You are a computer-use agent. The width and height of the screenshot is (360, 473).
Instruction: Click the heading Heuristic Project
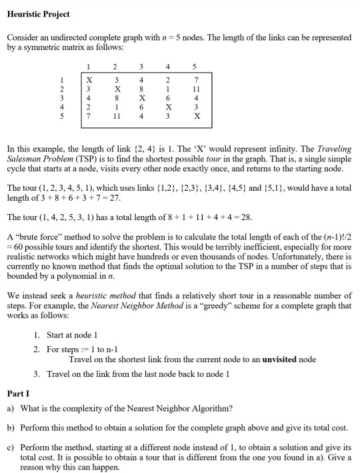38,14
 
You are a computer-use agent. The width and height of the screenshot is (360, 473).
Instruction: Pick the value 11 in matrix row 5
117,115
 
